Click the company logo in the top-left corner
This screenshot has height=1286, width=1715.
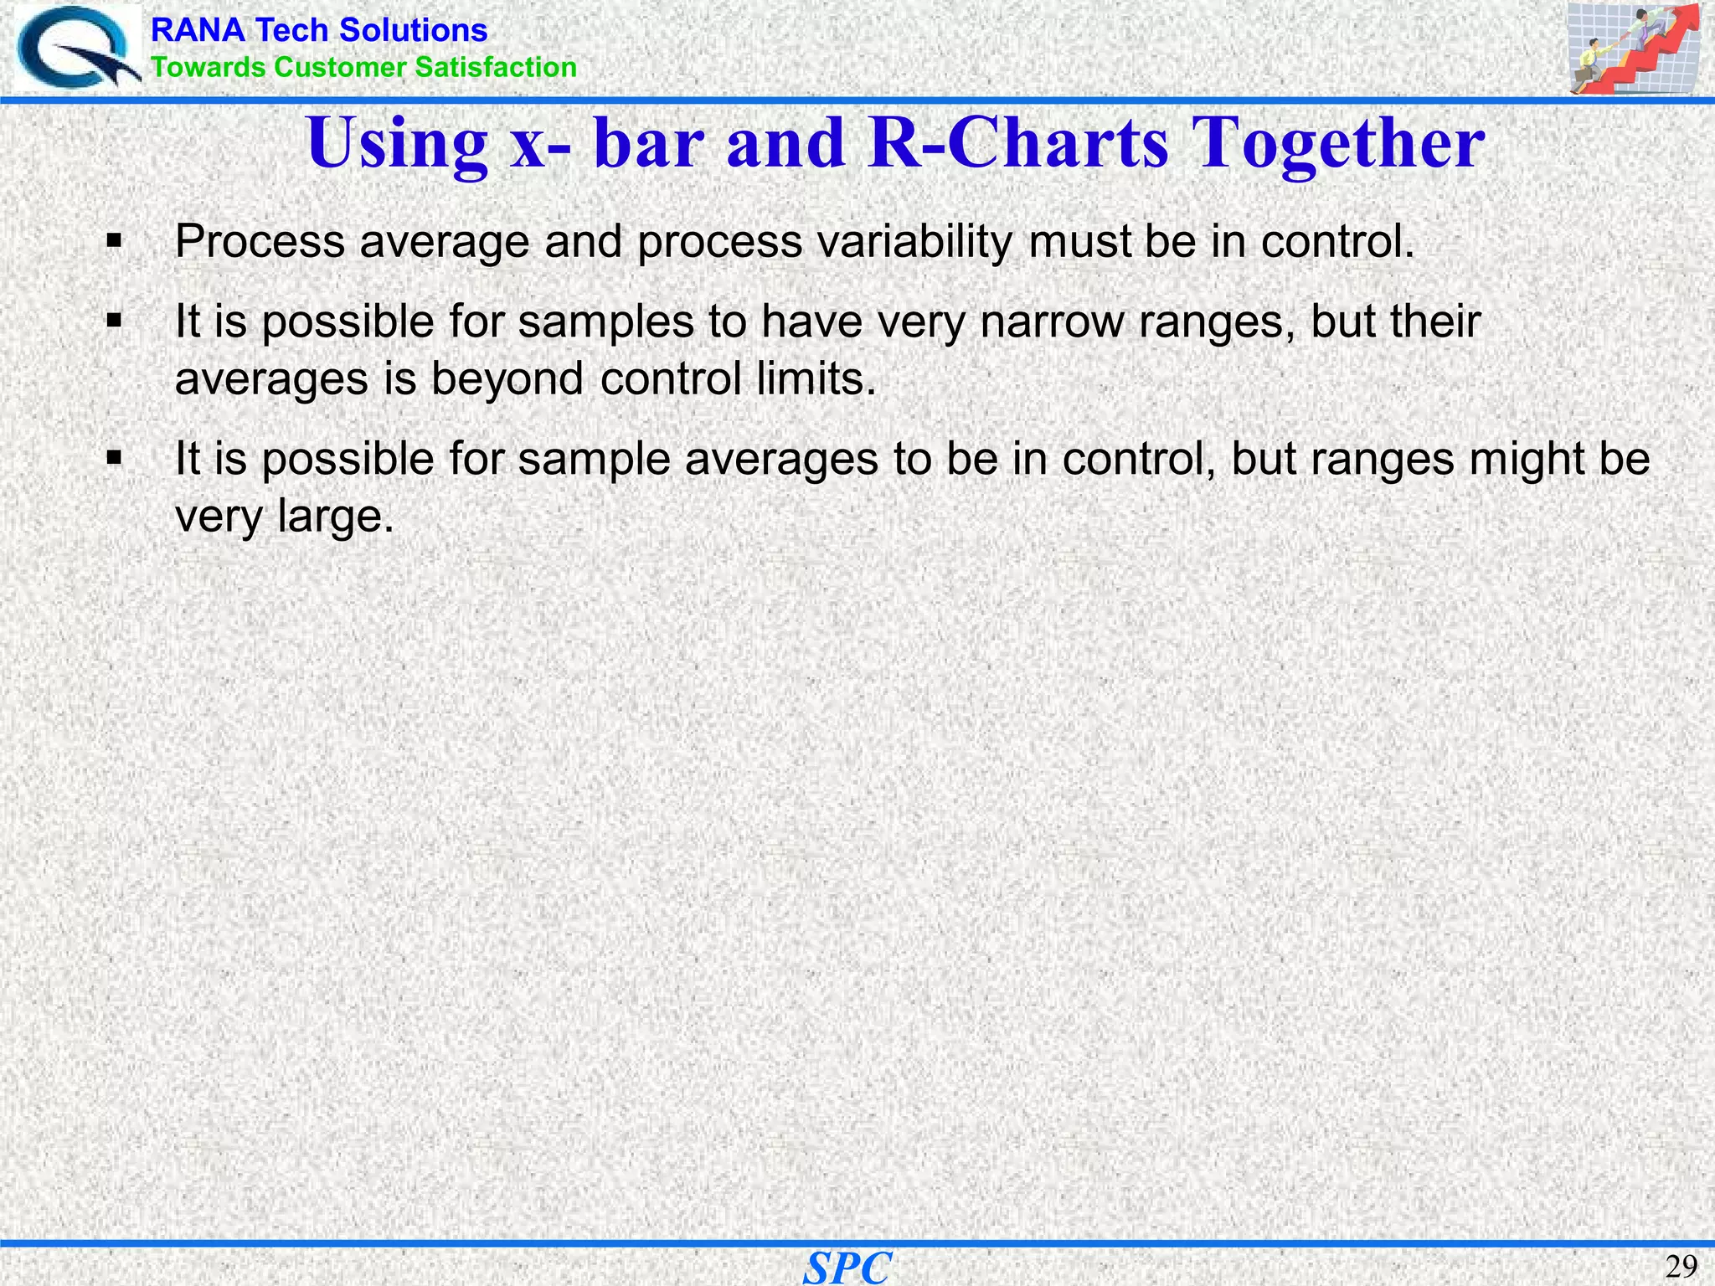click(x=77, y=48)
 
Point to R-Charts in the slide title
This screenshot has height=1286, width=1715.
click(x=1017, y=142)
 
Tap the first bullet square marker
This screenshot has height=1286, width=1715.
click(x=115, y=243)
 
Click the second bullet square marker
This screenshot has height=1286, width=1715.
click(x=115, y=321)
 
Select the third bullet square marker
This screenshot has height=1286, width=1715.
click(x=115, y=459)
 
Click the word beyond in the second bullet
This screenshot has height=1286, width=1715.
click(x=507, y=378)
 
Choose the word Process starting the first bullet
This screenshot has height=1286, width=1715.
click(x=260, y=242)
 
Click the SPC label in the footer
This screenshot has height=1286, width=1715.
click(x=847, y=1268)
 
